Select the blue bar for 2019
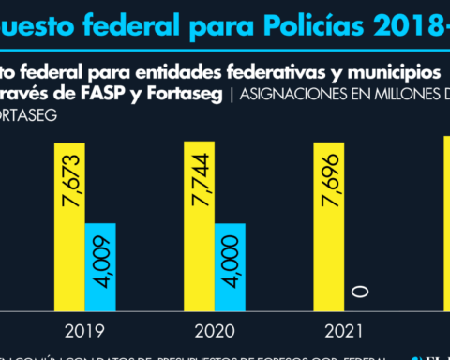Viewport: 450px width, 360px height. point(100,266)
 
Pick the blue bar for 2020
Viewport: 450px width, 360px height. point(230,266)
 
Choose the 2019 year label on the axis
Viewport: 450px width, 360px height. point(85,330)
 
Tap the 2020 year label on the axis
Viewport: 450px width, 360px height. point(215,330)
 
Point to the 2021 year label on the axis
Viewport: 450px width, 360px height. point(344,330)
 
